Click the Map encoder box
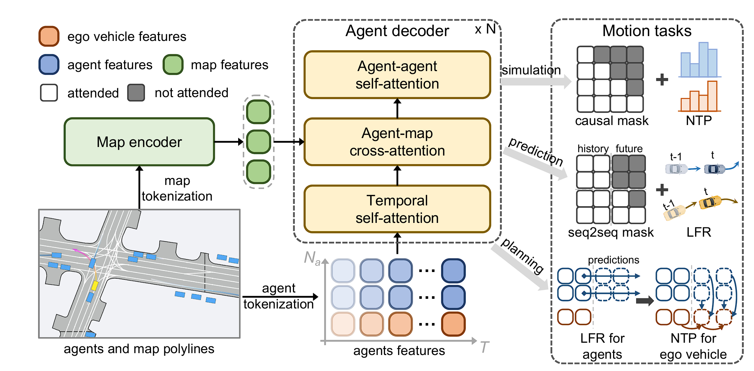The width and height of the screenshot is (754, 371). (139, 142)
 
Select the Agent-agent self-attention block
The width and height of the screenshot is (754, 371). (397, 75)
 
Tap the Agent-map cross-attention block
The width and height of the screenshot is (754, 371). (397, 142)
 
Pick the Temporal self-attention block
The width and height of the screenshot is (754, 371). (397, 209)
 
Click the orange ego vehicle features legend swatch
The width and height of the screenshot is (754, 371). (49, 36)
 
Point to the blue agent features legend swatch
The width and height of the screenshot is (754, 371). (49, 64)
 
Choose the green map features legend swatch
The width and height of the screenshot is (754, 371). (173, 64)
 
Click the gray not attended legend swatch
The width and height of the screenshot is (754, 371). (136, 93)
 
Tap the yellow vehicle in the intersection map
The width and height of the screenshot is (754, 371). (95, 285)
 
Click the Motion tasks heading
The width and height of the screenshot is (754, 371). (647, 31)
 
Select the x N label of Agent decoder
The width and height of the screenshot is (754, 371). (485, 29)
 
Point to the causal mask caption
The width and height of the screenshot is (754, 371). (612, 121)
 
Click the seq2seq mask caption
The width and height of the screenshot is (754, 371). (611, 232)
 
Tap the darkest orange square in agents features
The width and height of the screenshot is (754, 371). (453, 324)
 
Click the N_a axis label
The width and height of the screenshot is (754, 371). (312, 258)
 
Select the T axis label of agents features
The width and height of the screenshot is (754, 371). (484, 347)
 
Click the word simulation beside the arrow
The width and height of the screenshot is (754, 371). (531, 70)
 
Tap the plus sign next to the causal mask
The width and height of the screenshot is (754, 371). (662, 79)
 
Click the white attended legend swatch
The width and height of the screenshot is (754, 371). (49, 93)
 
